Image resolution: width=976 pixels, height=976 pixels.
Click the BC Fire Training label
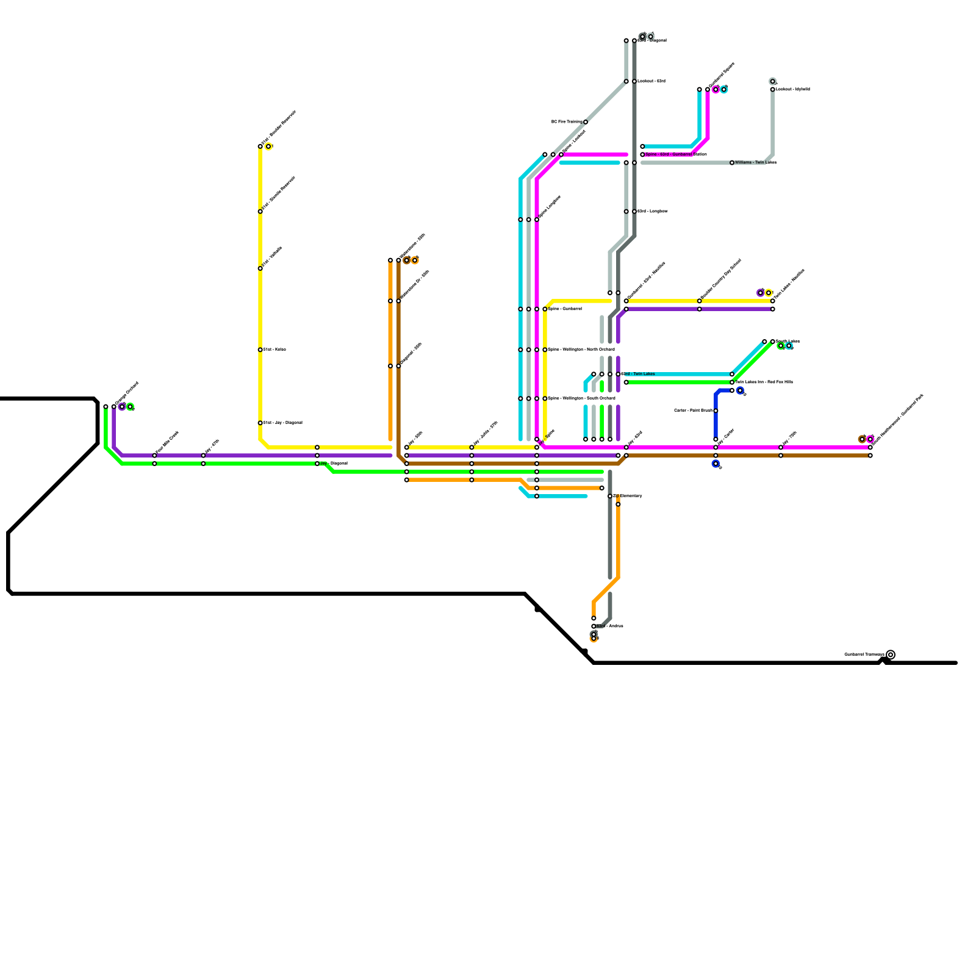pos(566,122)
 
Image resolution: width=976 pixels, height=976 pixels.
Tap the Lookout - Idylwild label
pos(793,90)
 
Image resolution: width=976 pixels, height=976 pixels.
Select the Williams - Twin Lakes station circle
pos(732,163)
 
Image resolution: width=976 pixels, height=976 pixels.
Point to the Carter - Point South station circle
pos(716,411)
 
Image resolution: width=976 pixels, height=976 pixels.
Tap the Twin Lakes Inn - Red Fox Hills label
pos(764,382)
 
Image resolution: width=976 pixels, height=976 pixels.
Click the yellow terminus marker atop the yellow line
pos(268,146)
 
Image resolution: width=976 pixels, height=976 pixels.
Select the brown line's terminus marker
pos(406,261)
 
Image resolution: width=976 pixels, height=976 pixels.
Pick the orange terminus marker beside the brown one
pos(415,261)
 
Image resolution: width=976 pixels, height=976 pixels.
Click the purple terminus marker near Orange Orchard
pos(122,407)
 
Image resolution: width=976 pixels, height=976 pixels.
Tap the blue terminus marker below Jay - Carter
pos(716,464)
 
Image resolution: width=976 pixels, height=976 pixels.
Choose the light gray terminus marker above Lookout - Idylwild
pos(772,81)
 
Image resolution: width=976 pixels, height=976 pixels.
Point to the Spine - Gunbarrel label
pos(564,309)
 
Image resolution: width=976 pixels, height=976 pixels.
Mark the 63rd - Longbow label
pos(653,212)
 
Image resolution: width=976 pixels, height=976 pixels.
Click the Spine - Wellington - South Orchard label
pos(581,399)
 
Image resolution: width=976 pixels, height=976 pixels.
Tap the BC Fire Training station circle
pos(586,122)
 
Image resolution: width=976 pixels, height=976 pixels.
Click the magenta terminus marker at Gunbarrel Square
pos(716,90)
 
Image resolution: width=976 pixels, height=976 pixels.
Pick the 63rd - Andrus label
pos(609,626)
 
